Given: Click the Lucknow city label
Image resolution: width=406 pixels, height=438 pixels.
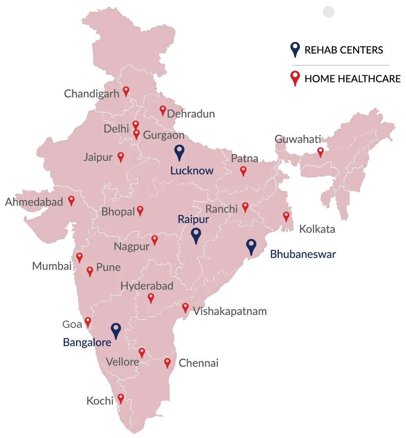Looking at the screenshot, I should point(192,170).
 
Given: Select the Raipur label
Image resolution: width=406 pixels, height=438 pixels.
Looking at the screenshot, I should point(193,219).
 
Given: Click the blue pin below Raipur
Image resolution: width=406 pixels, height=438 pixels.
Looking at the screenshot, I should point(196,235).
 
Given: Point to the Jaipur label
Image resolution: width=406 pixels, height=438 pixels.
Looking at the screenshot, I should point(98,157).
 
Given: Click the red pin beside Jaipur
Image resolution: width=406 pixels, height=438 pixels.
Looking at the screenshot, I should point(121,157).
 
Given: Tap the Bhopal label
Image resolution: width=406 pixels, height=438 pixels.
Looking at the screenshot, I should point(118,212).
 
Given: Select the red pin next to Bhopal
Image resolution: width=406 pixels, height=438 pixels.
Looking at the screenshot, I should point(140,210).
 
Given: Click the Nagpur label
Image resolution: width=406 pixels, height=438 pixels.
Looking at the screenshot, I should point(131,247).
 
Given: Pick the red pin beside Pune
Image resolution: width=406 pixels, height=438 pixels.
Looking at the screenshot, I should point(90,271).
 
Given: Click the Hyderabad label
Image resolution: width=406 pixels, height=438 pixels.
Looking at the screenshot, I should point(147,286).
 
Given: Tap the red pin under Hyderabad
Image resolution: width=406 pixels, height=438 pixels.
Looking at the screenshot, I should point(151,297).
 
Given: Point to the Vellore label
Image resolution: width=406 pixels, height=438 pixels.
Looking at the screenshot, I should point(123,362).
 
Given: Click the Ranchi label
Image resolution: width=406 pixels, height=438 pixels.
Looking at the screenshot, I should point(221,209).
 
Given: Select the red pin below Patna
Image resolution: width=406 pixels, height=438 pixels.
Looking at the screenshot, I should point(243,171).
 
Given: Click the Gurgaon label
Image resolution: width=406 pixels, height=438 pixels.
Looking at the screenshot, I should point(164,135).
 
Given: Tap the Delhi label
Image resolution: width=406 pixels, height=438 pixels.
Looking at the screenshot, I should point(116,128).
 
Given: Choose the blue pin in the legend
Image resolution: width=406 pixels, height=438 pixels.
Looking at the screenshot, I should point(295,49).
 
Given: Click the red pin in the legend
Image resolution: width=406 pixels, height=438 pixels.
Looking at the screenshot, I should point(295,78).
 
